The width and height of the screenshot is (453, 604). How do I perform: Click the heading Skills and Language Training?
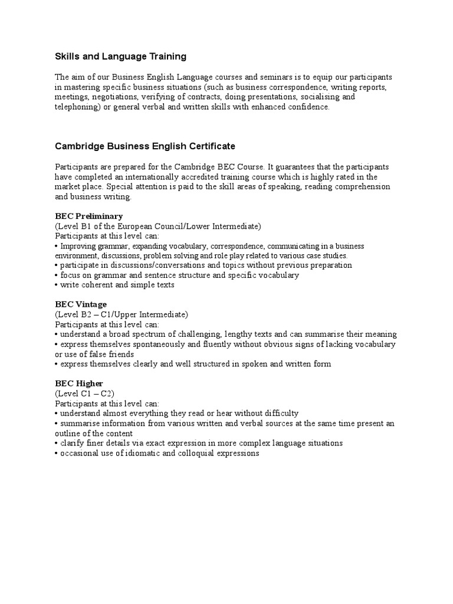tap(120, 57)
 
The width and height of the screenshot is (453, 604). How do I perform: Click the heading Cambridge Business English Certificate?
tap(145, 146)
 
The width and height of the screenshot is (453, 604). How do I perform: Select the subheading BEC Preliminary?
tap(88, 216)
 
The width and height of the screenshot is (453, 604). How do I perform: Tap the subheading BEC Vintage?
tap(81, 304)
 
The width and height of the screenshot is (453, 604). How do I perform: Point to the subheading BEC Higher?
tap(79, 383)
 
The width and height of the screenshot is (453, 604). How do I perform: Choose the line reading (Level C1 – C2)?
tap(85, 393)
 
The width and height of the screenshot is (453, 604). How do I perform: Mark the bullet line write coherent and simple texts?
tap(115, 285)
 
